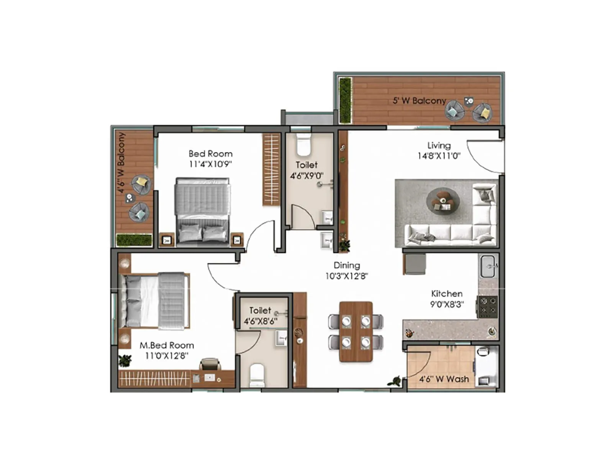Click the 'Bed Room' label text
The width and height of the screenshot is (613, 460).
210,154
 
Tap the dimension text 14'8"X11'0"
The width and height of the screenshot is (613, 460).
439,156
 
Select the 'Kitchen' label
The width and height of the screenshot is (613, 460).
447,294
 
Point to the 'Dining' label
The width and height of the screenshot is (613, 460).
347,265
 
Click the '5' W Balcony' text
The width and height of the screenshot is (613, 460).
419,101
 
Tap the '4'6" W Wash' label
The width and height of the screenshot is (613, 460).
444,379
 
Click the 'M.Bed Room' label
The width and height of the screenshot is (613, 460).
167,345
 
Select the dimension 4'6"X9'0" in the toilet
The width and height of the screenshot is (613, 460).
306,176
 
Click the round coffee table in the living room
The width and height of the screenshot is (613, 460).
443,200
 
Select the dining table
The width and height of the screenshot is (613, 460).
356,332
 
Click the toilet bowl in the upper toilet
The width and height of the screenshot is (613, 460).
303,145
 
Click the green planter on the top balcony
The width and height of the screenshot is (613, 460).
345,100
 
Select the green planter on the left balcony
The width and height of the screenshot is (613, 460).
134,240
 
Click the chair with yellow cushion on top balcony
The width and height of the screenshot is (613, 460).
481,113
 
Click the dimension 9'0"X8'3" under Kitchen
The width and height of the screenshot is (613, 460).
447,304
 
